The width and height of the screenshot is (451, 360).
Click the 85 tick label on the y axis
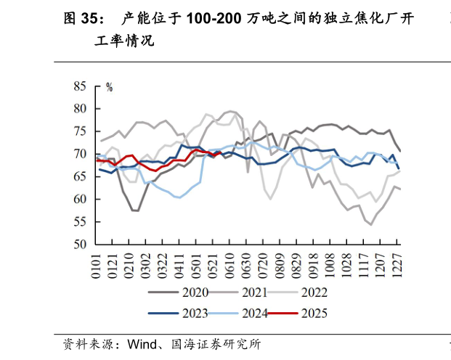[x=79, y=86]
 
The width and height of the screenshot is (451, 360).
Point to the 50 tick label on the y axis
[x=79, y=245]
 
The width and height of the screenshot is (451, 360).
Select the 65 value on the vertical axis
[x=79, y=176]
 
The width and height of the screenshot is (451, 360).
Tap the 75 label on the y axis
[x=79, y=131]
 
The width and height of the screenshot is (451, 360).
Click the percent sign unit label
[x=110, y=87]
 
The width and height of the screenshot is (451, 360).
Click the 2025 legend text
[x=313, y=314]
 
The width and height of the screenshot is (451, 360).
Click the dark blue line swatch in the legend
[x=163, y=314]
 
